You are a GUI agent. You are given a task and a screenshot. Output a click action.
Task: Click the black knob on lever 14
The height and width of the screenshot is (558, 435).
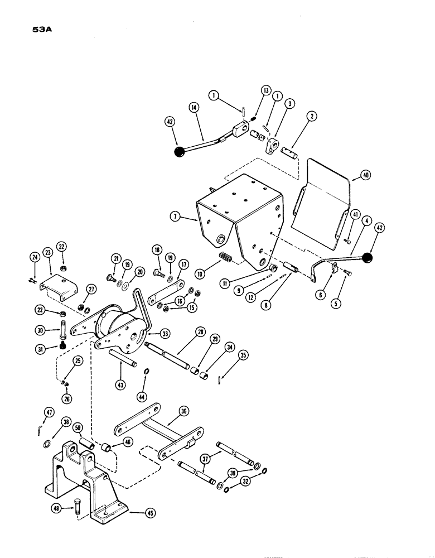tap(180, 152)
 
